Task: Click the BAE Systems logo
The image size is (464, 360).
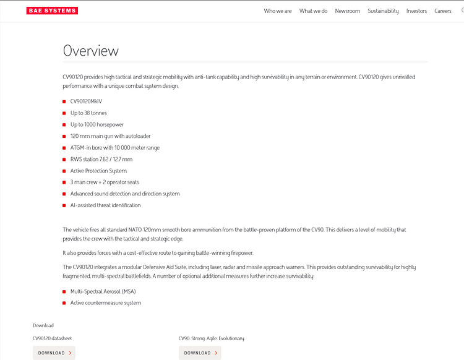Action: coord(52,11)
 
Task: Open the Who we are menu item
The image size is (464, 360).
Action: coord(277,11)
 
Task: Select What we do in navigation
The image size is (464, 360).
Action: coord(313,11)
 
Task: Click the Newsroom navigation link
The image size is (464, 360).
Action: coord(347,11)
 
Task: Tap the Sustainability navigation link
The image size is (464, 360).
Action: coord(383,11)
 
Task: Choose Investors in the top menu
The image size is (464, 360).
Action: coord(416,11)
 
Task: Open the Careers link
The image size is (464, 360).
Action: coord(442,11)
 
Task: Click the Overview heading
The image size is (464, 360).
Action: coord(90,51)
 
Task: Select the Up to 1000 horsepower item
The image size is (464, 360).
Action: coord(97,124)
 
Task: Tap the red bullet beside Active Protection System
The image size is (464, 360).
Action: coord(64,171)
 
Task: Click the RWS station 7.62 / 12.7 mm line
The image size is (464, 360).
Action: coord(101,159)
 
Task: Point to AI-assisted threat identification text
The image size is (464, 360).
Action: coord(105,205)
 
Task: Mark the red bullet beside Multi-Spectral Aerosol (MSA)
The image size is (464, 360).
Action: coord(64,291)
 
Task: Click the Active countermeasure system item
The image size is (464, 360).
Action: coord(105,303)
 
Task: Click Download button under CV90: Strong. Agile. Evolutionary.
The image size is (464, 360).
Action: coord(200,353)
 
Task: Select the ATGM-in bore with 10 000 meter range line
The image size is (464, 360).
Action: coord(114,148)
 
